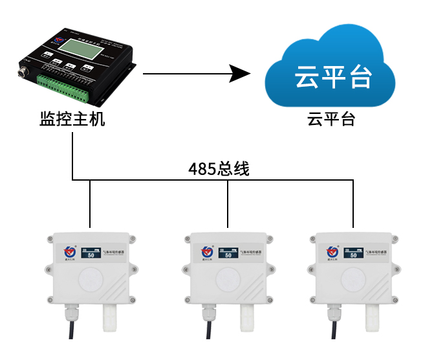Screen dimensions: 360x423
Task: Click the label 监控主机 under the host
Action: [72, 120]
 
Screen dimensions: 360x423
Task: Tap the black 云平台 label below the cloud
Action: [331, 120]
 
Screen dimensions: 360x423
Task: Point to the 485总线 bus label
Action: [219, 169]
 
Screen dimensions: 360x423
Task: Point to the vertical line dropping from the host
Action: [72, 155]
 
